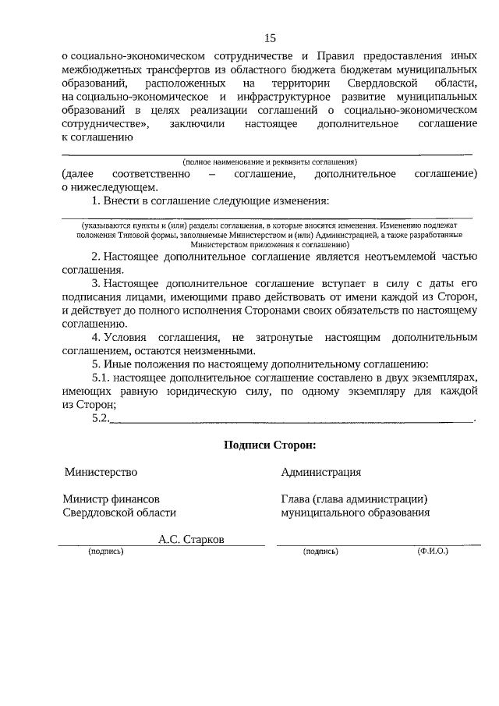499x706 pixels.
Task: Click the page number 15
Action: pos(270,37)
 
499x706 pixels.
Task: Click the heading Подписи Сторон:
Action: pos(270,445)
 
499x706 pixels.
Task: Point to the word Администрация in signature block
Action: pos(321,472)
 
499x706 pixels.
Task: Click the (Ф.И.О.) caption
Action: pos(433,551)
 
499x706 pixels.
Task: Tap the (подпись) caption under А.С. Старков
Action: pos(106,551)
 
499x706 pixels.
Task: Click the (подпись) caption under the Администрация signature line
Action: pos(320,551)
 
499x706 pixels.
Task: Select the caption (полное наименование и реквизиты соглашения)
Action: pos(269,161)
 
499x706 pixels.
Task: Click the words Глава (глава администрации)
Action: pos(355,499)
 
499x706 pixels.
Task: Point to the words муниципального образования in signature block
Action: pos(356,513)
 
